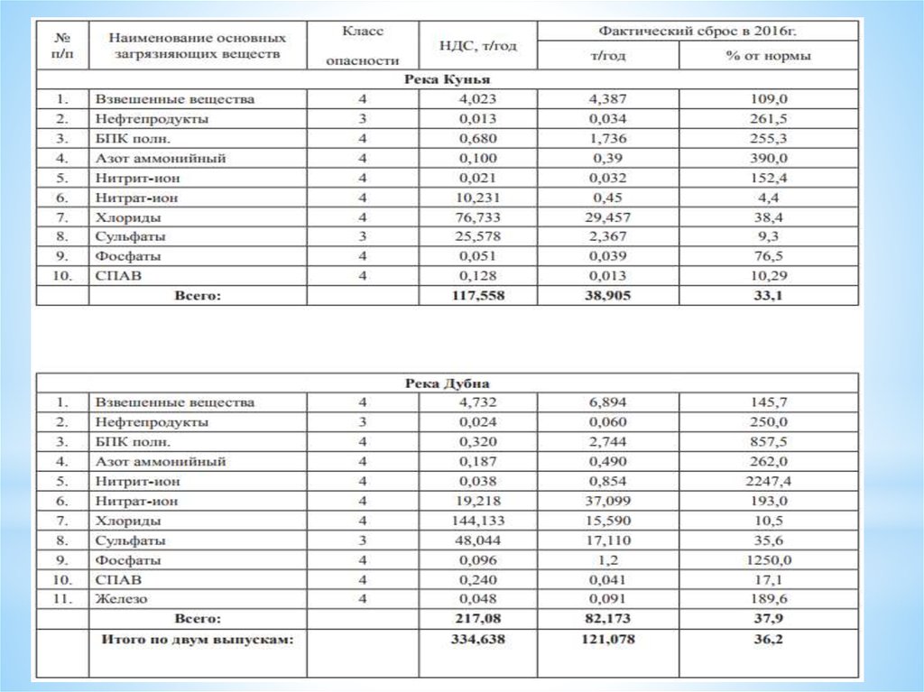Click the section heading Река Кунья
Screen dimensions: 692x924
pyautogui.click(x=446, y=79)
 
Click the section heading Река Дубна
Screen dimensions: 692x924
pyautogui.click(x=446, y=383)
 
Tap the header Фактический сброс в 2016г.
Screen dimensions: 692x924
pyautogui.click(x=697, y=31)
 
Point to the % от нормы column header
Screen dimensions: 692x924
pyautogui.click(x=768, y=56)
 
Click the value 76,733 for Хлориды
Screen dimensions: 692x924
pyautogui.click(x=476, y=217)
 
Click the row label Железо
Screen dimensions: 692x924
pyautogui.click(x=121, y=598)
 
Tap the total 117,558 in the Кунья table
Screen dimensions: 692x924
pyautogui.click(x=476, y=296)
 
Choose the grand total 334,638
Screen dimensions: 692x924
pyautogui.click(x=476, y=639)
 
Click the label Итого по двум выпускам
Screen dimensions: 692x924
pyautogui.click(x=198, y=639)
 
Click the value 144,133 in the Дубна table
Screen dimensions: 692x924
pyautogui.click(x=476, y=521)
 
